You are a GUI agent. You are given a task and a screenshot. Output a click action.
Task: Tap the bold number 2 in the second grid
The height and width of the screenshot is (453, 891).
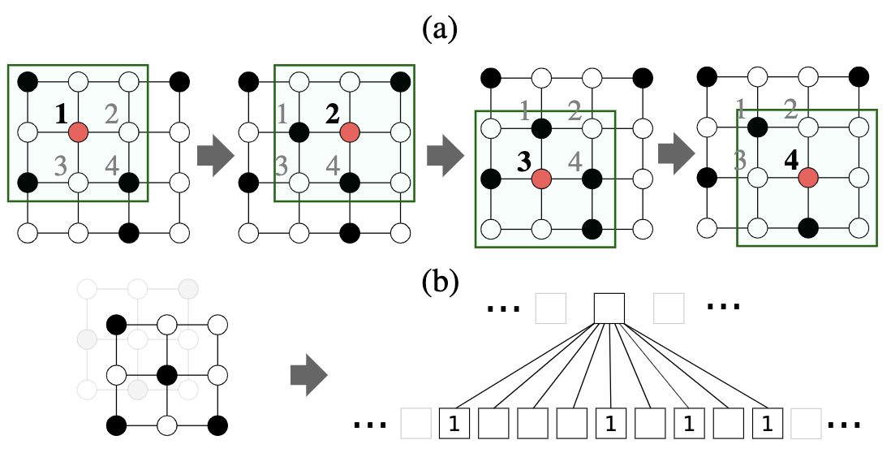(332, 114)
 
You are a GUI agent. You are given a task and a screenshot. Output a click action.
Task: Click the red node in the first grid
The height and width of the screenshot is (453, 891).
(78, 131)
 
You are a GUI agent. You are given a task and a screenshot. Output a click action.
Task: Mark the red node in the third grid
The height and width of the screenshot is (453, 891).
(541, 178)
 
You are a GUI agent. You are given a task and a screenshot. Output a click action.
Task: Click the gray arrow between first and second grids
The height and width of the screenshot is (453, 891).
(214, 157)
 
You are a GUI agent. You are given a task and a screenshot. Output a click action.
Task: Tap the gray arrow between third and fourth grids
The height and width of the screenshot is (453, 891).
(674, 157)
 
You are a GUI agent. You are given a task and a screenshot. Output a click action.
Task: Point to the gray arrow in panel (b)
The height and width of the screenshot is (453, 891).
(308, 377)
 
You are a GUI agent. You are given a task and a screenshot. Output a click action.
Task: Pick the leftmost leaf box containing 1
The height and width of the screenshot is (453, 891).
(454, 423)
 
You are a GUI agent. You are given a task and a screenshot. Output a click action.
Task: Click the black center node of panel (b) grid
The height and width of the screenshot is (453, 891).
(166, 375)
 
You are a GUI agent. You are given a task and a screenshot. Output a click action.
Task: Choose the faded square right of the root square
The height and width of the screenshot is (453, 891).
(669, 308)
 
